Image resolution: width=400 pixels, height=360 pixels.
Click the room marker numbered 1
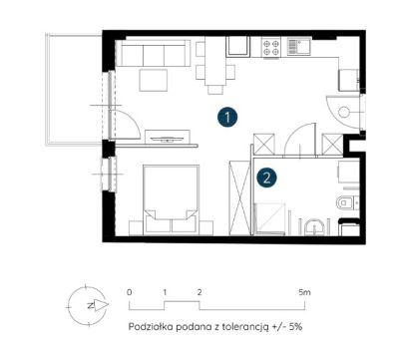pyautogui.click(x=227, y=117)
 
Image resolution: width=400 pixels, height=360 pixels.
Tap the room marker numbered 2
pyautogui.click(x=266, y=178)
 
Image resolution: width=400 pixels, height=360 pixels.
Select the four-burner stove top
pyautogui.click(x=271, y=47)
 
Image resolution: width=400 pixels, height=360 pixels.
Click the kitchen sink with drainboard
pyautogui.click(x=299, y=47)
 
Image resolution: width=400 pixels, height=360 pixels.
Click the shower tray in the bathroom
pyautogui.click(x=269, y=218)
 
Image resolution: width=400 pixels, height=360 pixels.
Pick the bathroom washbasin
pyautogui.click(x=313, y=227)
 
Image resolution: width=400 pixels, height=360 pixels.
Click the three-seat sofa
pyautogui.click(x=154, y=53)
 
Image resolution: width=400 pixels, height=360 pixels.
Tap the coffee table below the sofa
pyautogui.click(x=154, y=80)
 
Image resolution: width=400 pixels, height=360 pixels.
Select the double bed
pyautogui.click(x=172, y=198)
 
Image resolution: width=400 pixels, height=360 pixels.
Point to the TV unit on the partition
pyautogui.click(x=168, y=137)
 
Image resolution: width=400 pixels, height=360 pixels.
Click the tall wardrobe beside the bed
pyautogui.click(x=239, y=197)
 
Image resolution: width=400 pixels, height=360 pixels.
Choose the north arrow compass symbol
pyautogui.click(x=88, y=306)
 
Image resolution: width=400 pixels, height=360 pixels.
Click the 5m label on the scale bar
pyautogui.click(x=304, y=292)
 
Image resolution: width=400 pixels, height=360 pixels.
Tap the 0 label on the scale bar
pyautogui.click(x=130, y=292)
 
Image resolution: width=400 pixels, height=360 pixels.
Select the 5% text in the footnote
pyautogui.click(x=295, y=326)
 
